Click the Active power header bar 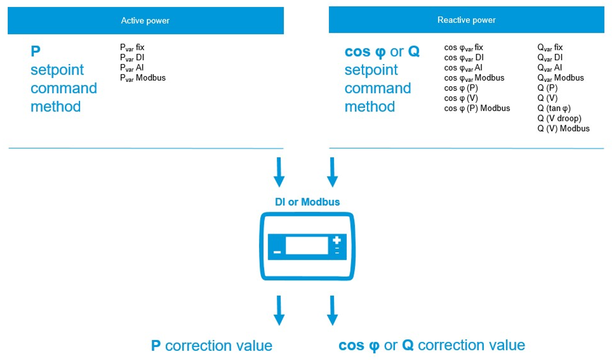145,21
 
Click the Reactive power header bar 466,20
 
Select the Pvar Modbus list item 143,78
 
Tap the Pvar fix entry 132,48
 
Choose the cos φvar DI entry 463,58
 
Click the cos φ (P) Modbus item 477,108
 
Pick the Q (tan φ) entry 554,108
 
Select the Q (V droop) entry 559,118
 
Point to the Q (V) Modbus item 563,128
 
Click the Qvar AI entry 550,68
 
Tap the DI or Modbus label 307,202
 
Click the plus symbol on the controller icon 337,241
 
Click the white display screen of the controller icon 307,246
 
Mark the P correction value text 212,346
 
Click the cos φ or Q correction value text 432,346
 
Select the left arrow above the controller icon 279,172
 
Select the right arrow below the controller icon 332,310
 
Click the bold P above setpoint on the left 35,51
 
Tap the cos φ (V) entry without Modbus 461,98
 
